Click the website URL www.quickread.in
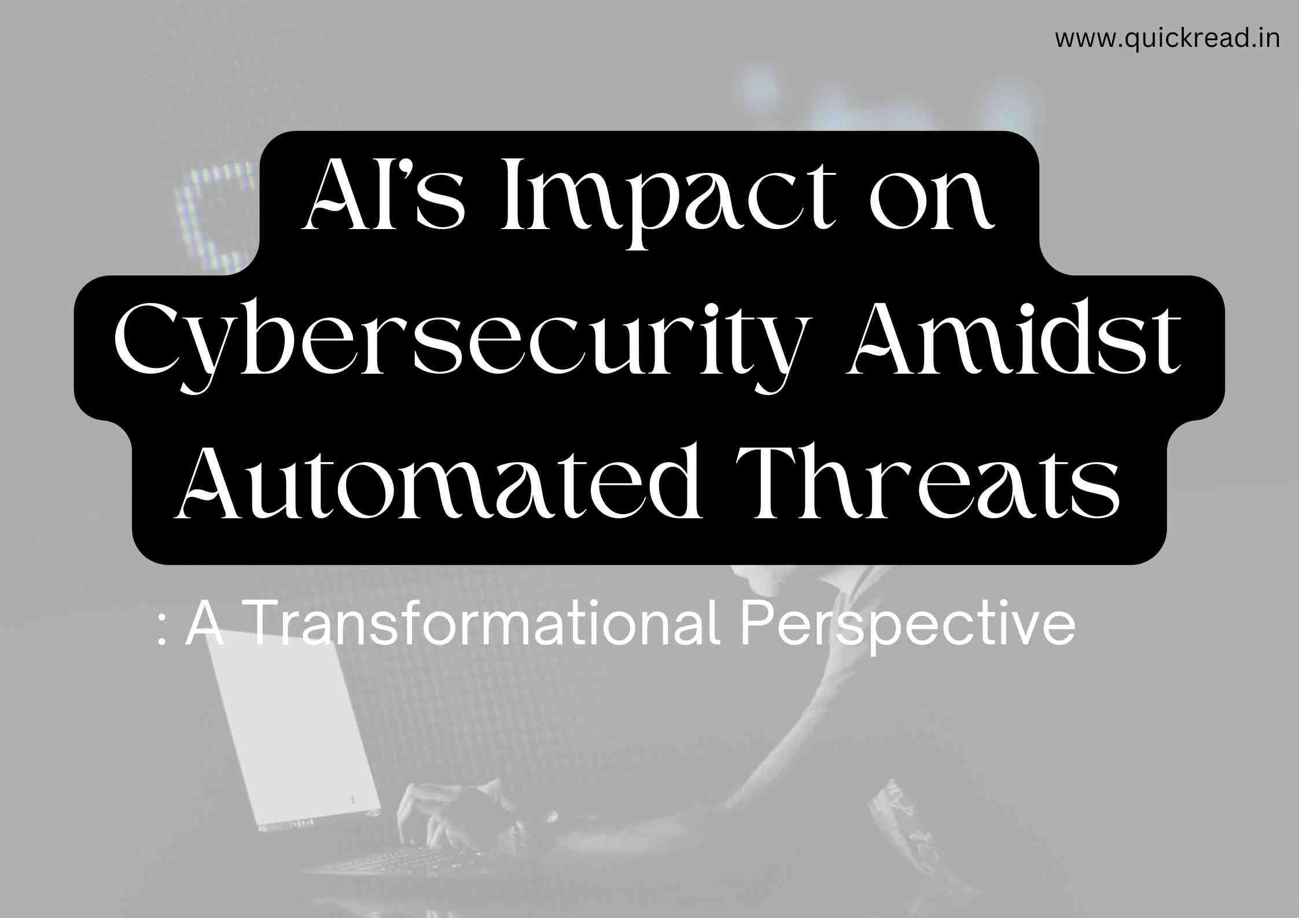(1167, 39)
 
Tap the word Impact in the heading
(668, 202)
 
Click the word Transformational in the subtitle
(483, 624)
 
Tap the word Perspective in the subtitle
(908, 628)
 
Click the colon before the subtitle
(163, 633)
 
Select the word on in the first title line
(932, 202)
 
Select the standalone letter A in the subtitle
(205, 624)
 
